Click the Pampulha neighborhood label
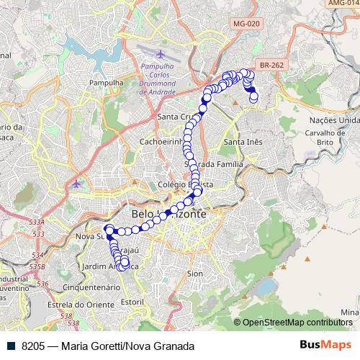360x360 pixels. (x=101, y=83)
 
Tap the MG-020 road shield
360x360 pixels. (x=246, y=24)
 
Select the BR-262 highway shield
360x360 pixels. (x=272, y=65)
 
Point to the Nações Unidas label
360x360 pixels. (x=334, y=120)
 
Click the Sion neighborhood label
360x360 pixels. (x=194, y=274)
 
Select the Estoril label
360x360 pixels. (x=132, y=300)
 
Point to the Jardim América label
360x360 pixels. (x=108, y=266)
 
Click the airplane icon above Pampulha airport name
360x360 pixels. (x=159, y=54)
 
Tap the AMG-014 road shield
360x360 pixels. (x=343, y=3)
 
